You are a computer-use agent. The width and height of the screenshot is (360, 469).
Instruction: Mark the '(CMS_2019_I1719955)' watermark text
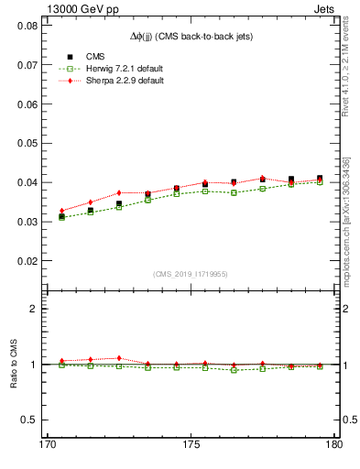[x=191, y=274]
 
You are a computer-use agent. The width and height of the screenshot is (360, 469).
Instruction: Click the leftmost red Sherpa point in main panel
[x=62, y=211]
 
